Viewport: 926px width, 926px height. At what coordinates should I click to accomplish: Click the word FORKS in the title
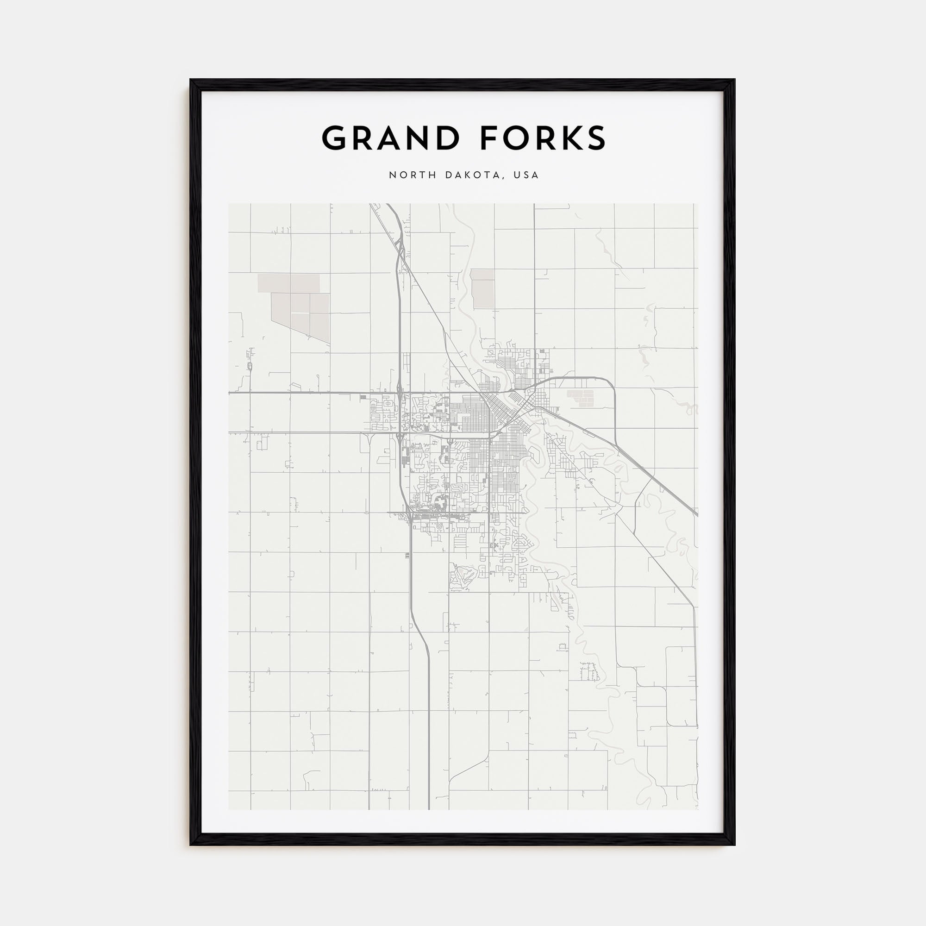click(543, 138)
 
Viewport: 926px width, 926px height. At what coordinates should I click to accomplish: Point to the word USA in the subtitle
click(526, 175)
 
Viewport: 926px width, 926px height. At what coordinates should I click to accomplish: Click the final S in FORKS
click(595, 138)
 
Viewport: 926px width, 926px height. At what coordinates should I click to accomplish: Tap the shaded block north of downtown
click(482, 288)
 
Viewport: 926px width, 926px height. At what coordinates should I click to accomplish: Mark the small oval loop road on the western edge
click(250, 367)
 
